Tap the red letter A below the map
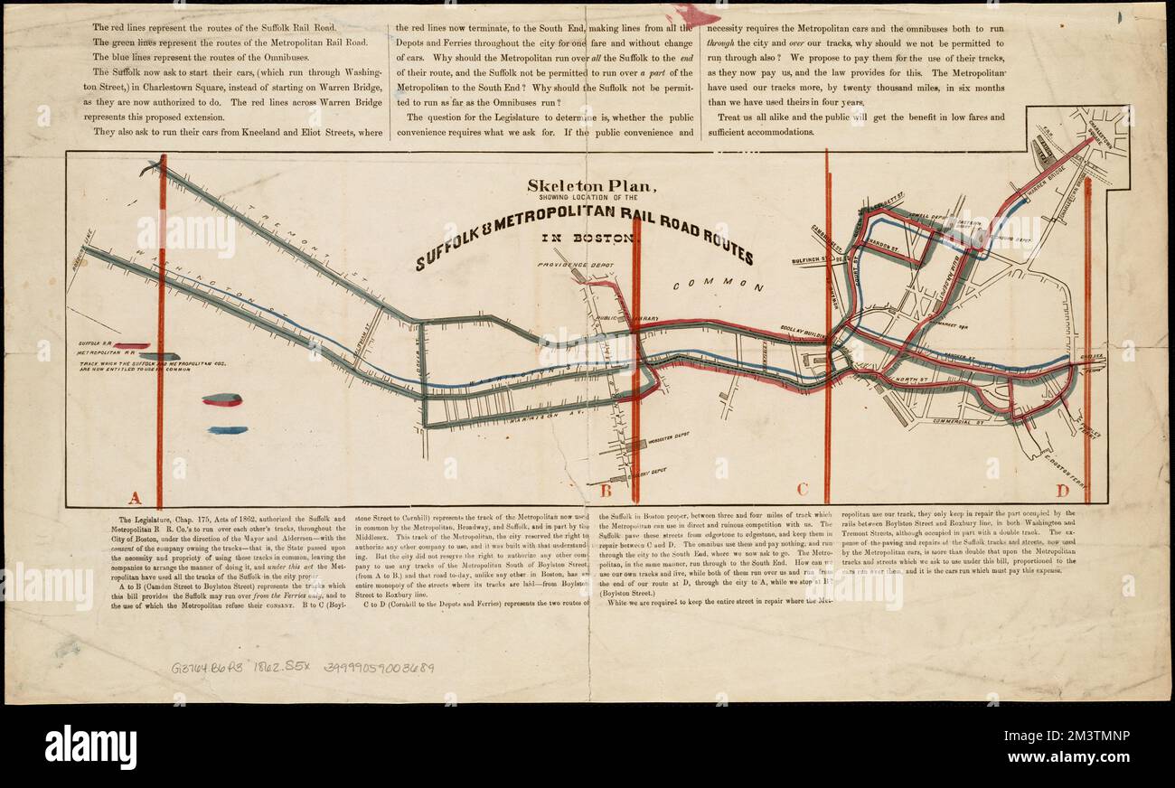(135, 496)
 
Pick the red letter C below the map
(801, 492)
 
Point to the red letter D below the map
(1063, 492)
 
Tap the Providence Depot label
(569, 266)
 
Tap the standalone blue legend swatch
(227, 430)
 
